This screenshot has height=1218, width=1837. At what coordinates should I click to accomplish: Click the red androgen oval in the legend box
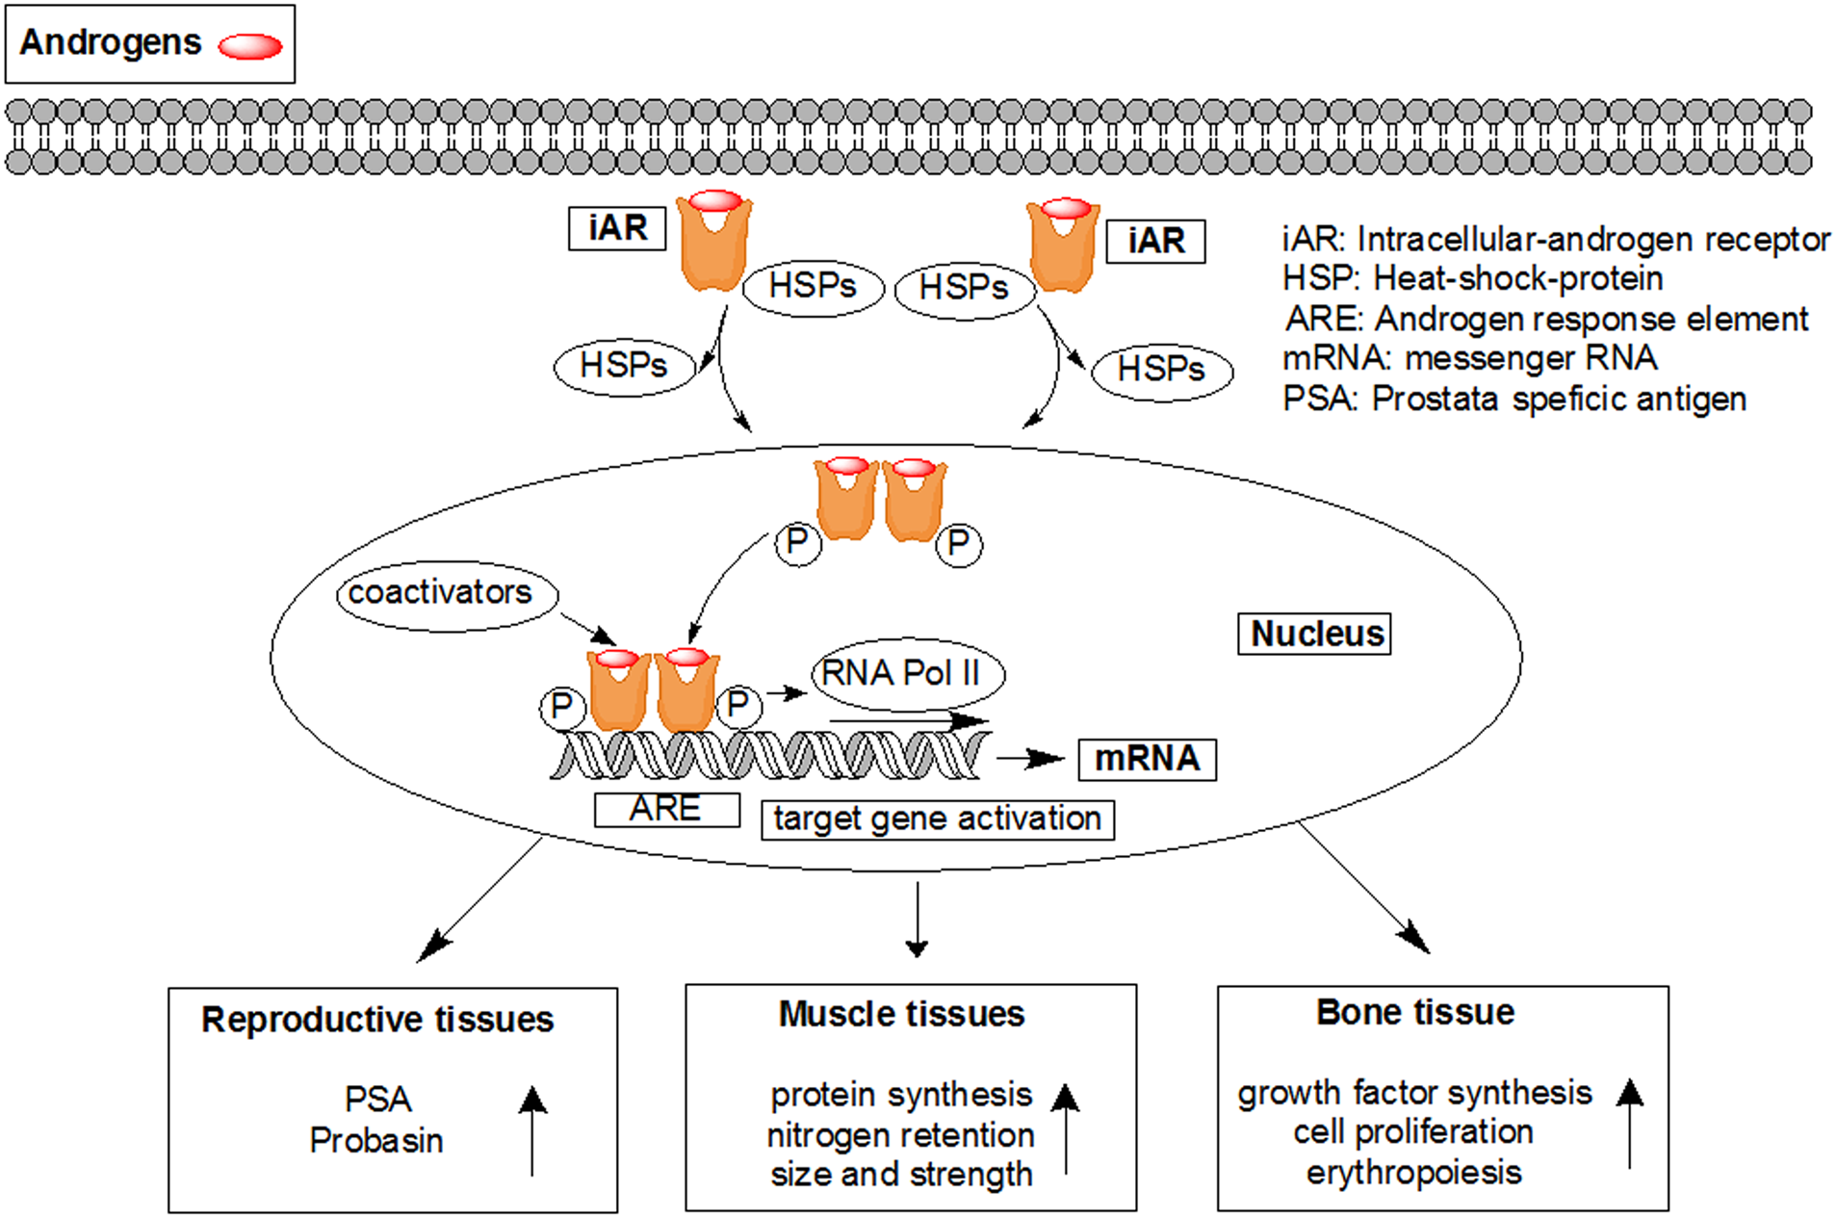point(249,46)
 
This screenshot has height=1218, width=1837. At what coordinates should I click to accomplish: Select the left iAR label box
point(617,229)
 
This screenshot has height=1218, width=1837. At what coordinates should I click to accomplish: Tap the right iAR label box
point(1155,241)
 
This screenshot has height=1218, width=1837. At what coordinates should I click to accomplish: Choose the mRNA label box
point(1147,759)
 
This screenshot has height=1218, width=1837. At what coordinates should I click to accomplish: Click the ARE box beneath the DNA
point(666,809)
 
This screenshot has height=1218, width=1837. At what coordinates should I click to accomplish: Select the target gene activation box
point(937,819)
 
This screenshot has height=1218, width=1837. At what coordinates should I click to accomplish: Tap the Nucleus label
point(1314,634)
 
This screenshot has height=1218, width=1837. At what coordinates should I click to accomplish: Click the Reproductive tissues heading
point(377,1020)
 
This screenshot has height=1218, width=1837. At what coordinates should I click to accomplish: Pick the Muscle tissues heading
point(901,1014)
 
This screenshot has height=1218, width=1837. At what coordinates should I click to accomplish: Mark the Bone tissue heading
point(1414,1012)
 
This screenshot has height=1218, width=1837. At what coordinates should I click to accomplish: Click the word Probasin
point(376,1141)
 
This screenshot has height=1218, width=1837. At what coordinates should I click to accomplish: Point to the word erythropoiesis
point(1413,1173)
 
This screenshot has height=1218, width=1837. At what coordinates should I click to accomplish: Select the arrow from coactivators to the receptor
point(588,630)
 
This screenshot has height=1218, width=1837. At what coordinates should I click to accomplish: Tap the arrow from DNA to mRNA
point(1030,760)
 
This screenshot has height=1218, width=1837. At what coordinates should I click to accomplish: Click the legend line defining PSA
point(1514,399)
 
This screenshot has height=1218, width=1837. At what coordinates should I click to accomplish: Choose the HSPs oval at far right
point(1161,370)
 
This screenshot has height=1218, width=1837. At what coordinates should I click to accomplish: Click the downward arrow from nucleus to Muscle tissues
point(917,919)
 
